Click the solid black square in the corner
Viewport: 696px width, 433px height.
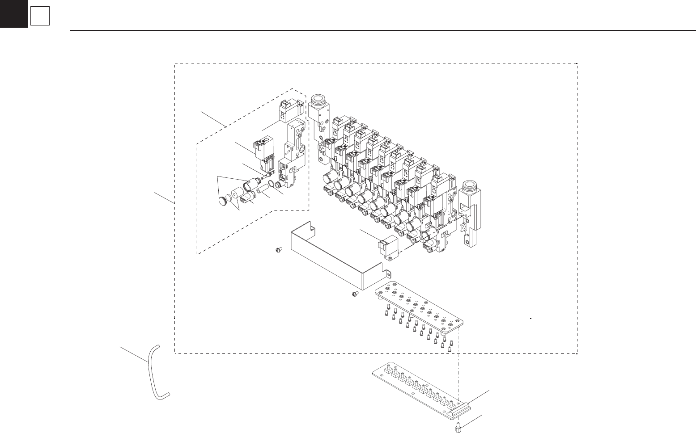click(x=13, y=13)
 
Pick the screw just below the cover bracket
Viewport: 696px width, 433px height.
click(x=354, y=294)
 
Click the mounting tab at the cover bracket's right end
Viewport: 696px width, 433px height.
click(x=388, y=273)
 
